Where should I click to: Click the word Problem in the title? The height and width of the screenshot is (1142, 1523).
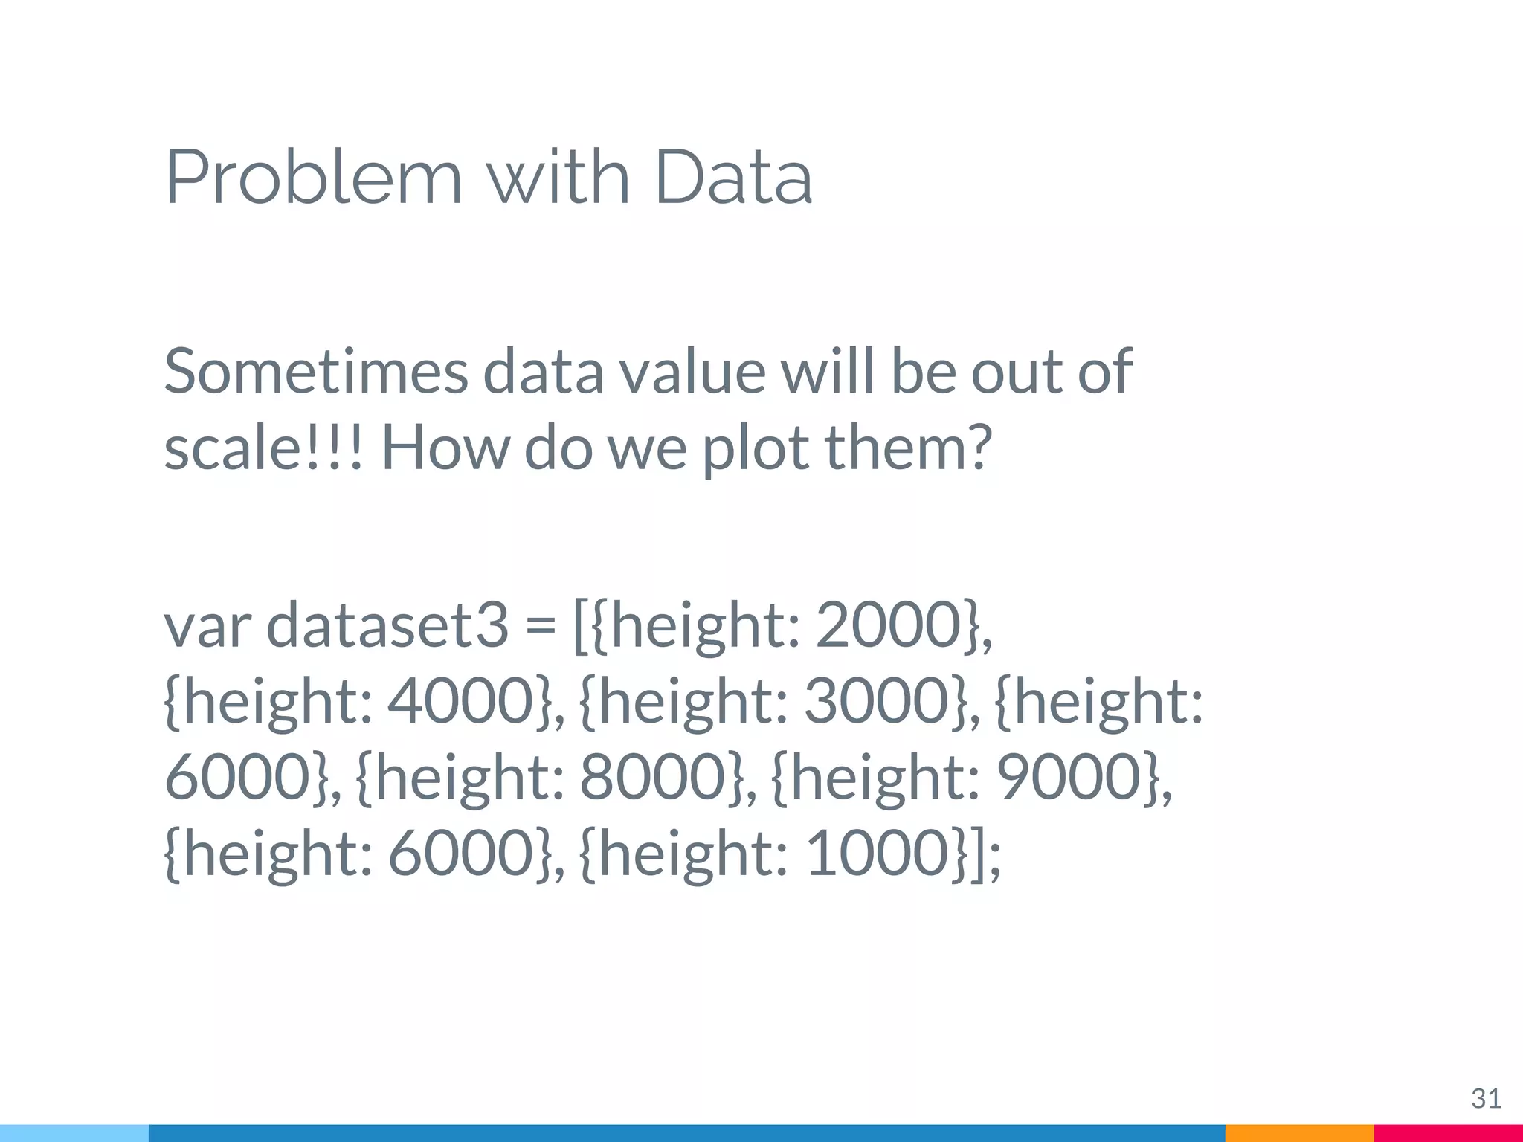tap(312, 178)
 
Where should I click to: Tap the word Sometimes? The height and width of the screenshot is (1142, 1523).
tap(316, 371)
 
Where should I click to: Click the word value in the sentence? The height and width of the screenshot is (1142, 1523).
tap(693, 371)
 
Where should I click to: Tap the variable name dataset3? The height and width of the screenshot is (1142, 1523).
tap(387, 625)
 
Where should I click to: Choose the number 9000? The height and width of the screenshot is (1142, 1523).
tap(1069, 777)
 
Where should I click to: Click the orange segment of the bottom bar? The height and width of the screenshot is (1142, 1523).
tap(1299, 1133)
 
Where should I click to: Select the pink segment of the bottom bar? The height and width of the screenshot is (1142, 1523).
tap(1448, 1133)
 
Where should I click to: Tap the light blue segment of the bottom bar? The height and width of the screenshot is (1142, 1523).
tap(74, 1133)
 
